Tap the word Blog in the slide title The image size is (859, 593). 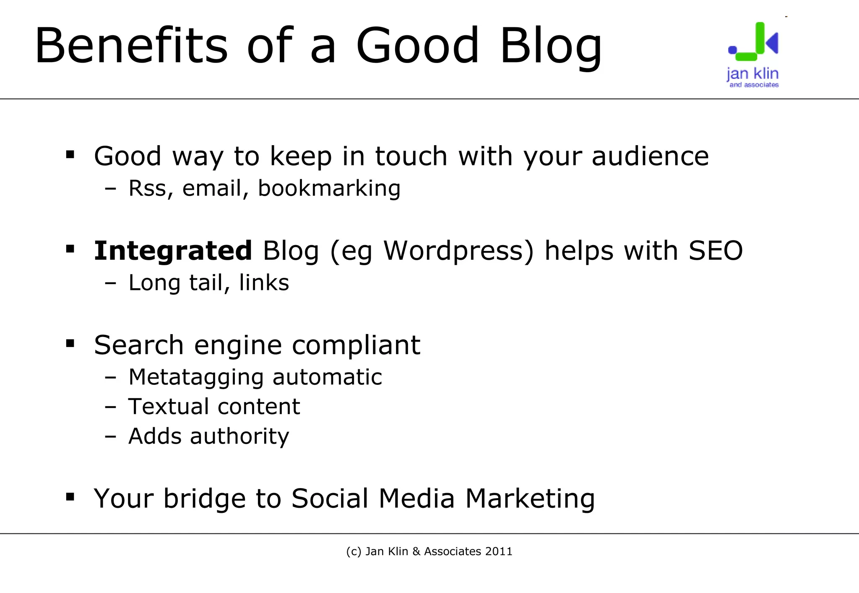coord(551,46)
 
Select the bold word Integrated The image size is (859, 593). coord(173,251)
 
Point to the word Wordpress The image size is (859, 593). coord(453,251)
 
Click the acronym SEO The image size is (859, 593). coord(716,251)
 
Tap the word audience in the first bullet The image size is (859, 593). coord(650,156)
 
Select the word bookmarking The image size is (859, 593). coord(329,188)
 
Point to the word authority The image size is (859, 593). coord(239,436)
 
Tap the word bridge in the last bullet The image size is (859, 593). coord(204,499)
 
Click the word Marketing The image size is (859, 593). coord(530,499)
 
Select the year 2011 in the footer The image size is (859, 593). coord(499,551)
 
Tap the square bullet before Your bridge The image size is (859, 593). coord(70,497)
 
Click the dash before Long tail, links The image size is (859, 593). coord(110,284)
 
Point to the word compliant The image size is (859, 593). coord(356,345)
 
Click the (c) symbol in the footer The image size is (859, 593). coord(354,551)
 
